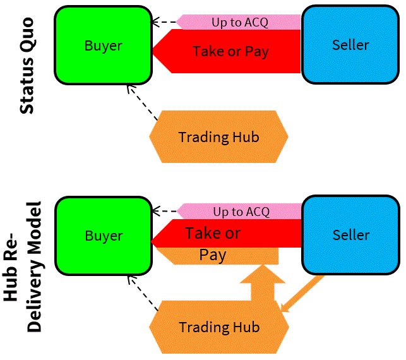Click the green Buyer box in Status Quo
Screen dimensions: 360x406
[x=103, y=45]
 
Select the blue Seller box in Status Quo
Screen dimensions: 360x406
[x=350, y=44]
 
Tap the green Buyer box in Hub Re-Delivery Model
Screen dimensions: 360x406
[x=103, y=236]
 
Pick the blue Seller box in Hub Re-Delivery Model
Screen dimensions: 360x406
[x=350, y=234]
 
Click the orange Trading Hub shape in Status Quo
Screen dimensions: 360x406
[x=218, y=137]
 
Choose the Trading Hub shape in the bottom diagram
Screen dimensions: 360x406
[x=218, y=327]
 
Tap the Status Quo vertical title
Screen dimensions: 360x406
[x=27, y=65]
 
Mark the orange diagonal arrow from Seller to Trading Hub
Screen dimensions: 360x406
[x=304, y=293]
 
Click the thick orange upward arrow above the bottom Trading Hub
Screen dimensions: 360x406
[x=263, y=285]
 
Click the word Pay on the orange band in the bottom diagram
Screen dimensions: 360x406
[x=213, y=255]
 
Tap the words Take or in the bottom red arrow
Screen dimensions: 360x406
[x=213, y=233]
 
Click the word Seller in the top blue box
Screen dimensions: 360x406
[x=350, y=44]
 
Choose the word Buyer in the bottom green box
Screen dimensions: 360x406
[x=104, y=236]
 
